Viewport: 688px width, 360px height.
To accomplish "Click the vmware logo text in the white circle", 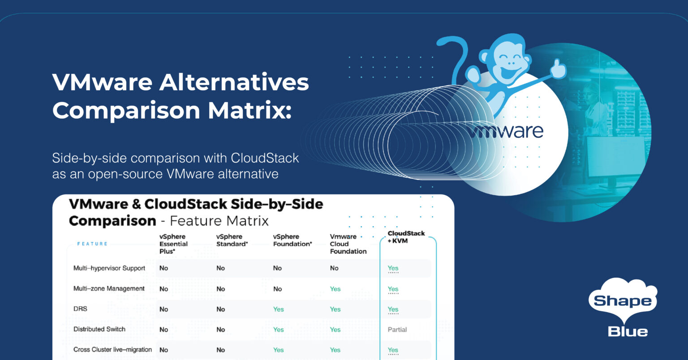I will tap(506, 131).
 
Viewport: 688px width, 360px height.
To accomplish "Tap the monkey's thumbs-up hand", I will tap(558, 69).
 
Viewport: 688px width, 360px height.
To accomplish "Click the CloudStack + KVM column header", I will tap(406, 237).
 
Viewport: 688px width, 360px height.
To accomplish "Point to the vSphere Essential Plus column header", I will tap(173, 244).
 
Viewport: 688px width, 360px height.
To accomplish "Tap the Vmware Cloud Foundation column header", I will tap(348, 244).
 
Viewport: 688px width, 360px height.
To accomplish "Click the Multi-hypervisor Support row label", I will tap(109, 268).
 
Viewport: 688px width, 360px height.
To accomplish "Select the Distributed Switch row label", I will tap(99, 329).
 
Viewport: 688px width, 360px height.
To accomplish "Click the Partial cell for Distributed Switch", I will tap(397, 330).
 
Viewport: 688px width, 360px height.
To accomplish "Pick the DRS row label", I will tap(80, 309).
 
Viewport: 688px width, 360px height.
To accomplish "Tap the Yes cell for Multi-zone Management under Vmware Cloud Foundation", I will tap(335, 289).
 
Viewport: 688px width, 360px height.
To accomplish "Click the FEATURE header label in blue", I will tap(92, 244).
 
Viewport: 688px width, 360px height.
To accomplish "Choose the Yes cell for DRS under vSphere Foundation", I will tap(279, 309).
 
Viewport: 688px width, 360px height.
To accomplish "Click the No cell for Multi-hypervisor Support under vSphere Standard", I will tap(220, 268).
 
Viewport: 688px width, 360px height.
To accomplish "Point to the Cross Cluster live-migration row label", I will tap(112, 350).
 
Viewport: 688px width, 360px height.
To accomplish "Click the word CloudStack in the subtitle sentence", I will tap(265, 158).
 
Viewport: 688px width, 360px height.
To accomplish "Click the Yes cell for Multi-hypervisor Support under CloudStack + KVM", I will tap(393, 268).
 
